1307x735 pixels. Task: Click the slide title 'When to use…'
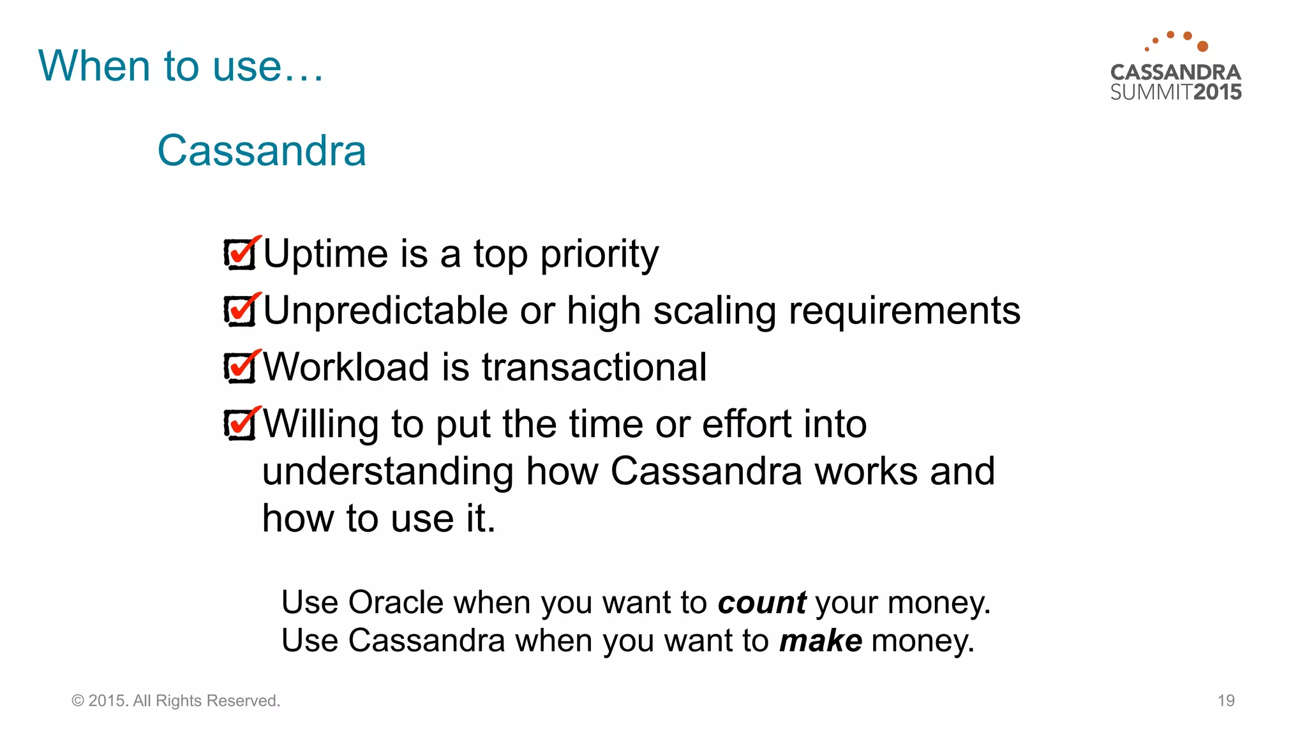click(x=181, y=66)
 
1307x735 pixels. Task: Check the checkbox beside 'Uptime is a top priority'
click(x=240, y=254)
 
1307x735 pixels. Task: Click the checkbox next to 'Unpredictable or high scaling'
click(x=240, y=311)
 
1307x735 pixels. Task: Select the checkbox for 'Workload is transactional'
click(x=240, y=367)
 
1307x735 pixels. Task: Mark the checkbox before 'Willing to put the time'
click(x=240, y=424)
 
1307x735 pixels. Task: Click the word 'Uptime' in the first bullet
click(x=325, y=255)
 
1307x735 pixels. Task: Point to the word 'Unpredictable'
click(x=385, y=311)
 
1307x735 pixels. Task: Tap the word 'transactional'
click(x=594, y=367)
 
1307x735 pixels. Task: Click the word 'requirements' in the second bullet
click(x=904, y=311)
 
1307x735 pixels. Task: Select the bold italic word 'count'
click(x=761, y=603)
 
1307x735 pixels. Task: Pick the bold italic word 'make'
click(x=820, y=641)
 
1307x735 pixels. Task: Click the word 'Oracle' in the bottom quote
click(x=396, y=602)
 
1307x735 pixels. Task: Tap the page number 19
click(x=1226, y=701)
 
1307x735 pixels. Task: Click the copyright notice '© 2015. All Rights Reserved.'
click(x=176, y=701)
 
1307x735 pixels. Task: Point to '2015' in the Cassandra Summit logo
click(x=1217, y=92)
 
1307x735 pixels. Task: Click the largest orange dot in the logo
click(x=1202, y=46)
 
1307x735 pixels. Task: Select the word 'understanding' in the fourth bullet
click(x=387, y=471)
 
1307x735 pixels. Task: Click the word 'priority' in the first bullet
click(x=599, y=255)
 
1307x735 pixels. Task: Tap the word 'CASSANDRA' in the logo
click(x=1176, y=72)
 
